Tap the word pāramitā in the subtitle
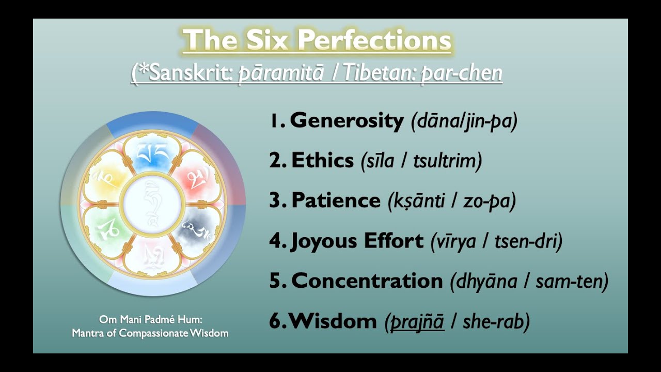[280, 73]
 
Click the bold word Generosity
[347, 120]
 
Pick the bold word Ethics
[323, 161]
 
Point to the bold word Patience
[336, 200]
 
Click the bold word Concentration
[367, 281]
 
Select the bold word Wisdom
[333, 321]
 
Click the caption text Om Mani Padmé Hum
[150, 320]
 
